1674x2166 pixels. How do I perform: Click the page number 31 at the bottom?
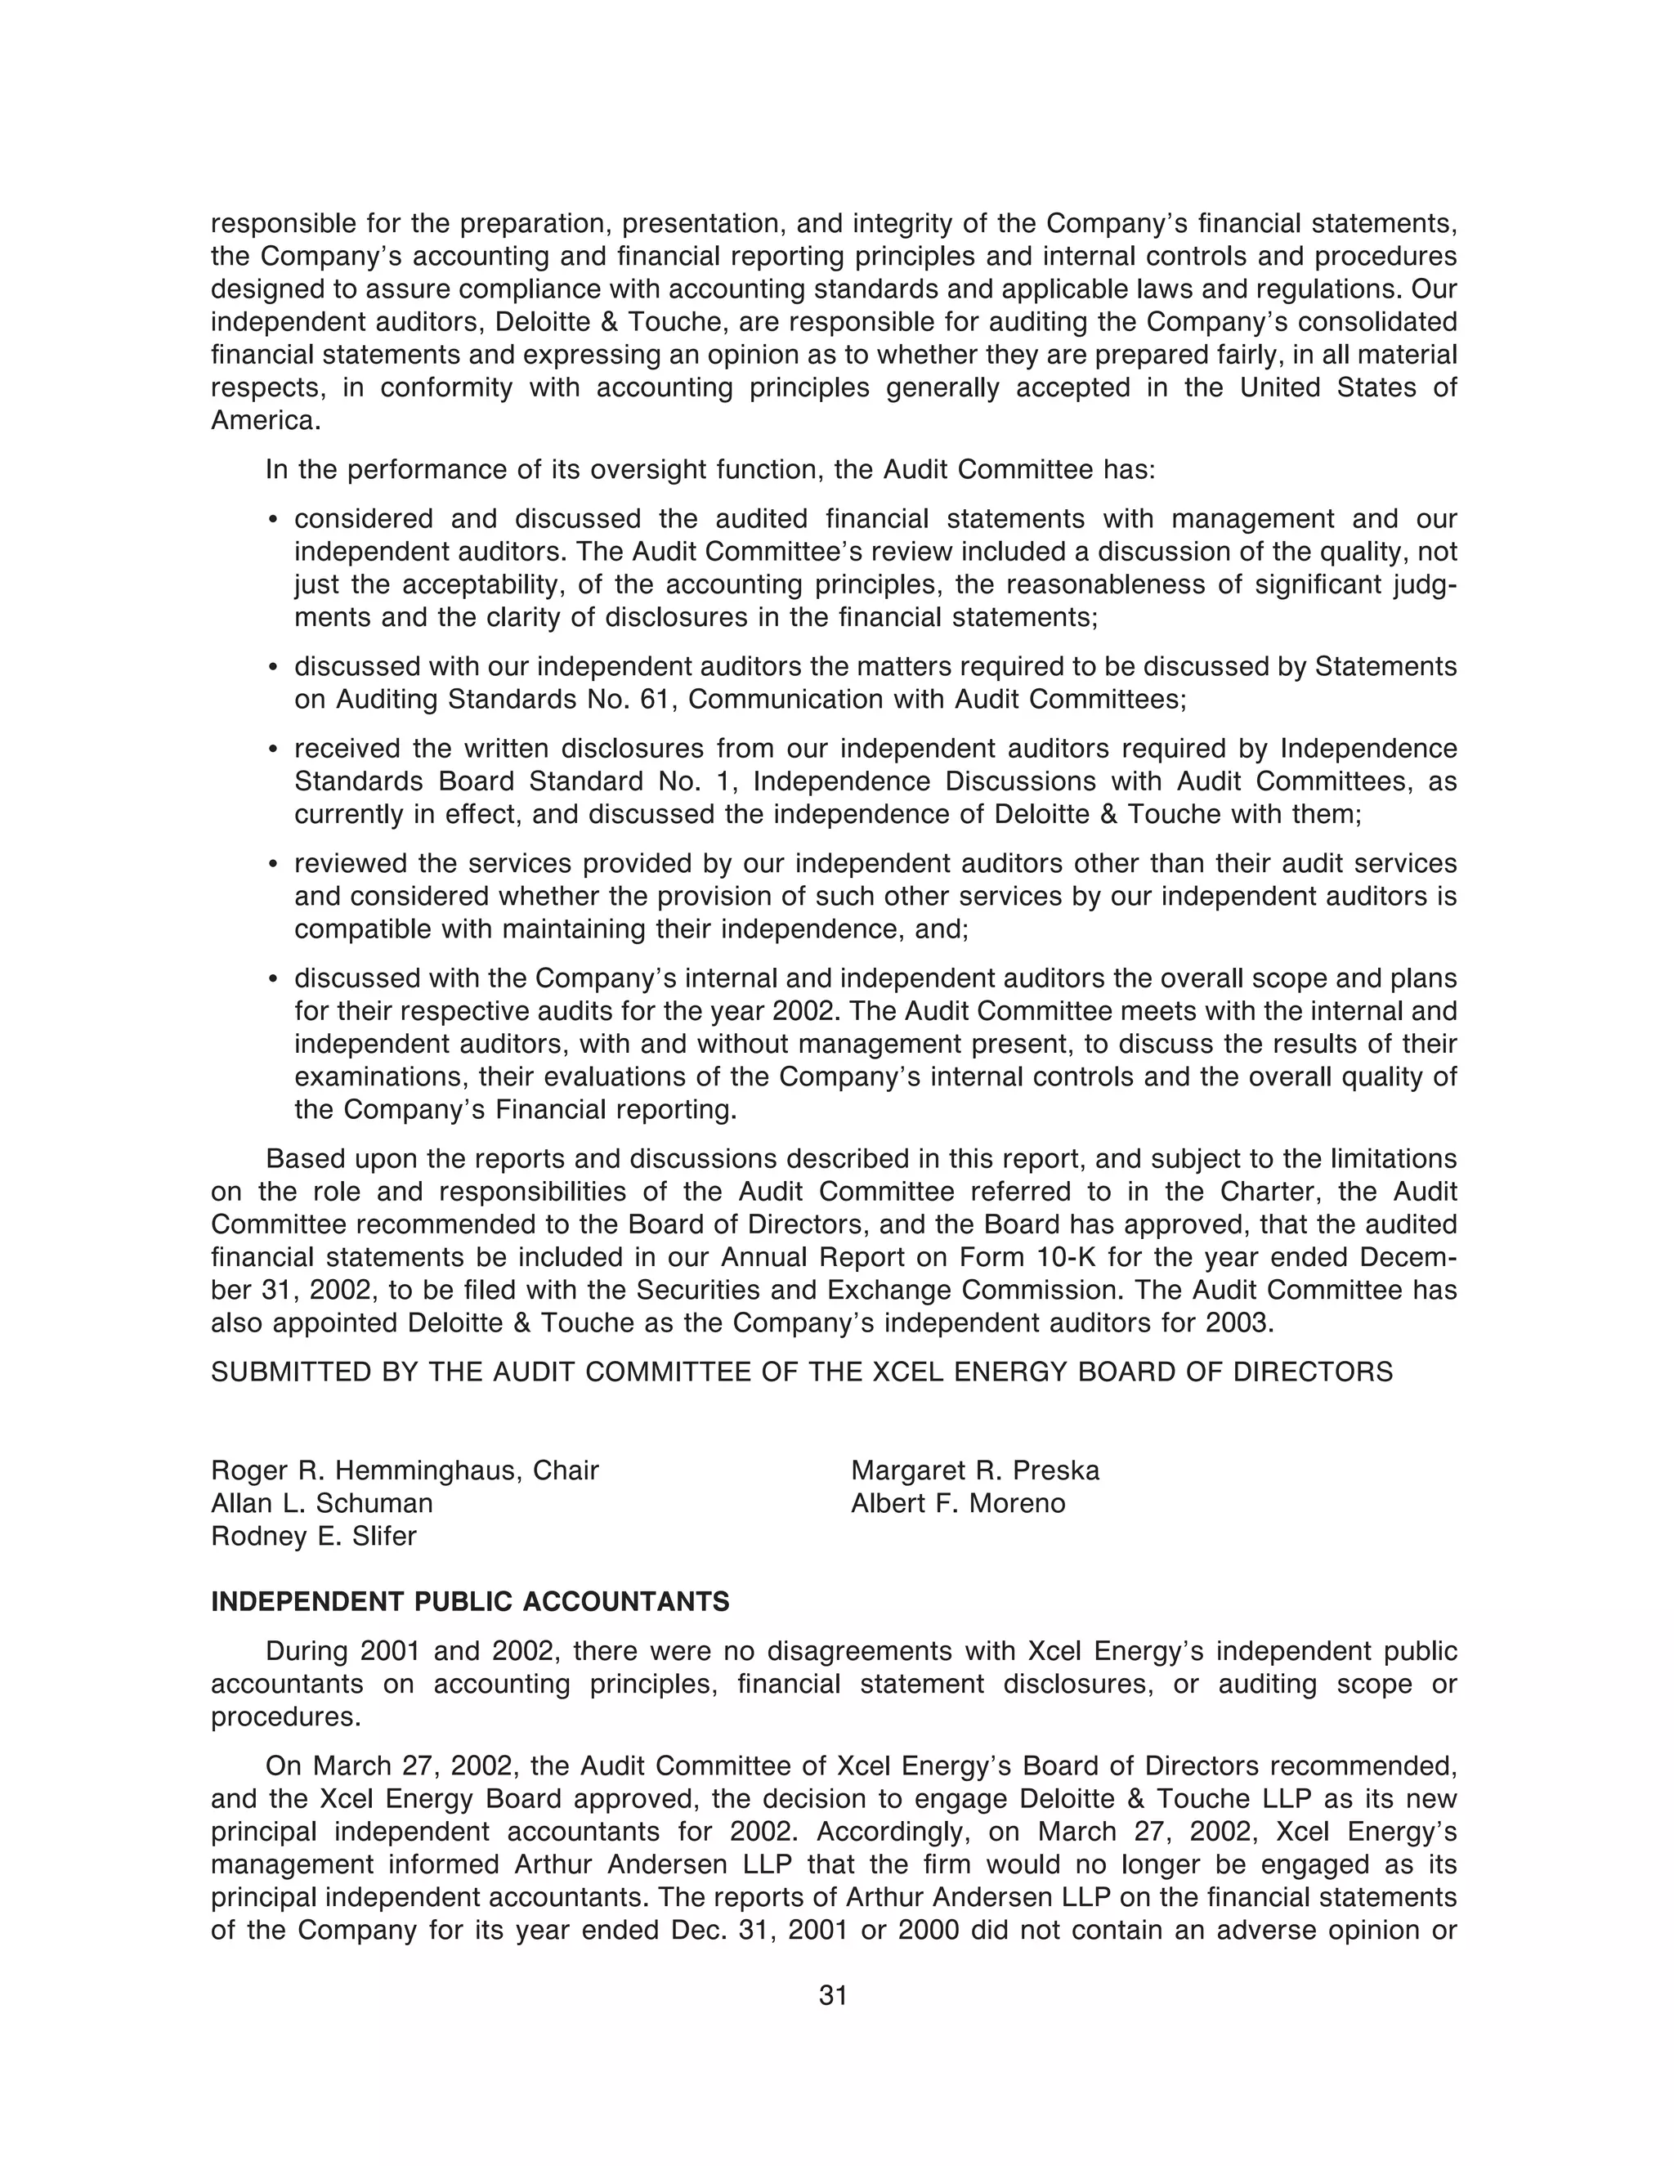[833, 1995]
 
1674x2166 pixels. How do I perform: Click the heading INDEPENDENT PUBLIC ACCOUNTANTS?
[470, 1602]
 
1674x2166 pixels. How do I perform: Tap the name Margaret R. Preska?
[975, 1470]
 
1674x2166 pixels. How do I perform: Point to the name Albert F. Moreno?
[958, 1503]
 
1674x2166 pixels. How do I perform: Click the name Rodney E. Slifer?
[313, 1537]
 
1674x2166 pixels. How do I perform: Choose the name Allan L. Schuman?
[321, 1503]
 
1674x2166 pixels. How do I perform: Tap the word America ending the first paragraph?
[264, 420]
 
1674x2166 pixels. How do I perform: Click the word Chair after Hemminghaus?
[566, 1470]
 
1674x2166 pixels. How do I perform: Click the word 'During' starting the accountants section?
[307, 1651]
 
